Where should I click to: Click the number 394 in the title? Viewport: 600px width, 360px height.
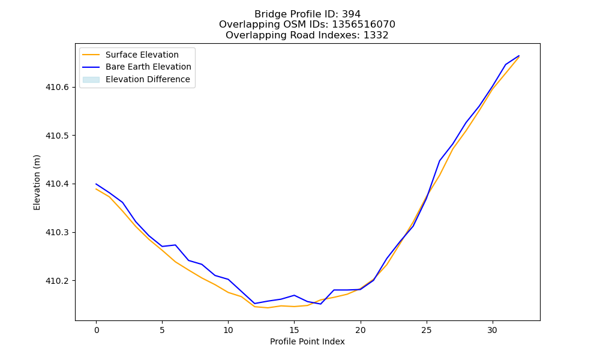coord(351,14)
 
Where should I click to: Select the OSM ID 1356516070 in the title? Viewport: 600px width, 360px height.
coord(364,25)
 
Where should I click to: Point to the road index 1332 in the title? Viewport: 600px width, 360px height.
coord(376,35)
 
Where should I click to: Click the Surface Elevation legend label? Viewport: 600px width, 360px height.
coord(142,55)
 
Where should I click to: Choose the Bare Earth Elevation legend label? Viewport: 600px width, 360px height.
coord(148,67)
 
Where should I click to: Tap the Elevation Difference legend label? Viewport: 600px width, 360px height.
coord(148,79)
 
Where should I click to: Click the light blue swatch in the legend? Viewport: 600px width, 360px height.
coord(91,80)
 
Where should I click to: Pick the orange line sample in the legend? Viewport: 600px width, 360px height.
coord(91,55)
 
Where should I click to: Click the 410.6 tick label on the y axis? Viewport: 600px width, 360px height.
coord(58,87)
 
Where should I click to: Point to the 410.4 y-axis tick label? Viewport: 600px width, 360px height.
coord(58,184)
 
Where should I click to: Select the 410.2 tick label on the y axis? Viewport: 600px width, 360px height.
coord(58,281)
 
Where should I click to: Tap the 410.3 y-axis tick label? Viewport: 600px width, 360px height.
coord(58,233)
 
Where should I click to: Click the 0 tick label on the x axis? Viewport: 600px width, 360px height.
coord(97,330)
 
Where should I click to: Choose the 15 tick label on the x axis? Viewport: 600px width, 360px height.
coord(294,330)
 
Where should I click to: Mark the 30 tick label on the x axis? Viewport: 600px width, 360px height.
coord(492,330)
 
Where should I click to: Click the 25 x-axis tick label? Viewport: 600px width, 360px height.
coord(426,330)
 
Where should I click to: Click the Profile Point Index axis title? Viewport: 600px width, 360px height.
coord(307,341)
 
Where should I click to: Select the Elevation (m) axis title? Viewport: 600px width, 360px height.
coord(37,182)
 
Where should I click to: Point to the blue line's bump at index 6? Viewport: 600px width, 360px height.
coord(175,245)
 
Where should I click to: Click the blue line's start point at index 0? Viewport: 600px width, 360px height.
coord(96,184)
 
